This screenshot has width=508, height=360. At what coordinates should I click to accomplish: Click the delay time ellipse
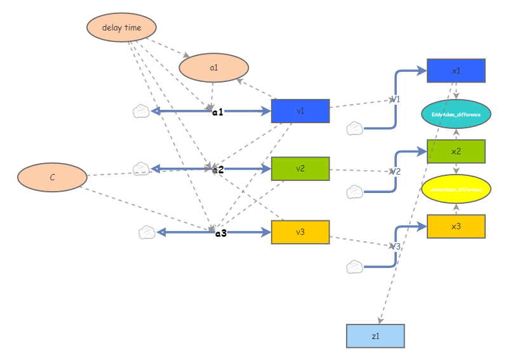pos(121,27)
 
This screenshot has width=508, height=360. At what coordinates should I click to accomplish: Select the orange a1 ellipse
pos(214,67)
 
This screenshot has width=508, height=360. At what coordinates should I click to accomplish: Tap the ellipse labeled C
pos(52,178)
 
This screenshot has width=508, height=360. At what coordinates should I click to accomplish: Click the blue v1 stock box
pos(300,111)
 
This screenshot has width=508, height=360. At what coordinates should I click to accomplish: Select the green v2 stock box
pos(300,169)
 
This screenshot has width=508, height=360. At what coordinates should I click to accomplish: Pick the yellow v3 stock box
pos(300,232)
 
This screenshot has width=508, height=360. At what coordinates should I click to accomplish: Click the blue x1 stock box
pos(456,70)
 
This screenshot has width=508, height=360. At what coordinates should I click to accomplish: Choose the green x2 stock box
pos(456,152)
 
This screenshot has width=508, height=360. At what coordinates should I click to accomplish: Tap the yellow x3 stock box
pos(456,227)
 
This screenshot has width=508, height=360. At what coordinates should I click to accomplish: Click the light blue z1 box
pos(375,336)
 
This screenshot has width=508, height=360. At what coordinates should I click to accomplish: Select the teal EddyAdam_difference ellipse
pos(456,114)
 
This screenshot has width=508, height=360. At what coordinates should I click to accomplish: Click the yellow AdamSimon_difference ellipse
pos(456,189)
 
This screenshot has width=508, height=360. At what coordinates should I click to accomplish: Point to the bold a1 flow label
pos(218,112)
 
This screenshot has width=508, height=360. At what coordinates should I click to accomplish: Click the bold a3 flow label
pos(221,233)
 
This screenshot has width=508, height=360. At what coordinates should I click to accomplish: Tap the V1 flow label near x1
pos(395,100)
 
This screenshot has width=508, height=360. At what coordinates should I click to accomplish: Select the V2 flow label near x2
pos(395,171)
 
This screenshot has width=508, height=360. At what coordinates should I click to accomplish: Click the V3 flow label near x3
pos(395,246)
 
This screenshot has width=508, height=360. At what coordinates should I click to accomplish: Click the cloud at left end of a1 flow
pos(141,112)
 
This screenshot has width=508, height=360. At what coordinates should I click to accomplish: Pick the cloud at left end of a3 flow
pos(147,232)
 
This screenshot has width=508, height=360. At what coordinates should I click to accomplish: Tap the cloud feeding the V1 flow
pos(354,129)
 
